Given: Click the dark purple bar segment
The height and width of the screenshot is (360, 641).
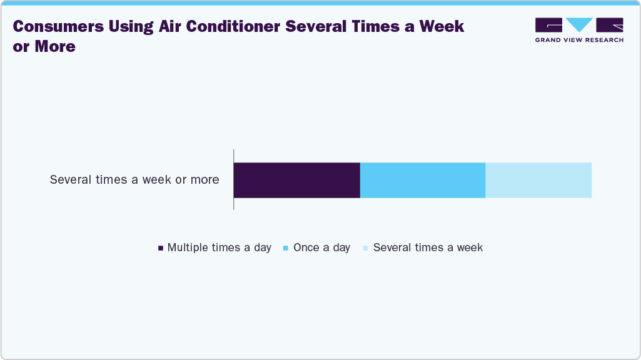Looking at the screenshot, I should (x=296, y=180).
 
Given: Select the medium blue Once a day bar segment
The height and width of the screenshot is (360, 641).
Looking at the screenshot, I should (x=423, y=180).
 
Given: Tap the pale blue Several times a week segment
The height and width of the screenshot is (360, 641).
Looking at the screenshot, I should (x=538, y=180).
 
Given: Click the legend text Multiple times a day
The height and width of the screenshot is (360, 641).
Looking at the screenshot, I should (x=219, y=247).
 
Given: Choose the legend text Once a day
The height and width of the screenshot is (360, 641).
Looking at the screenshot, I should (x=321, y=247).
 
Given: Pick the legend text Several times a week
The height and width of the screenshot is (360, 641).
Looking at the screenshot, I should (x=428, y=247).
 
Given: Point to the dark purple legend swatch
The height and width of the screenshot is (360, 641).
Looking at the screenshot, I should (x=161, y=248).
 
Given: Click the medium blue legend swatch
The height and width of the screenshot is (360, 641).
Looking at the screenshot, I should (x=286, y=248).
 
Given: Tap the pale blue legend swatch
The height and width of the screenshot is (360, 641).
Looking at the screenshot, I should (x=365, y=248).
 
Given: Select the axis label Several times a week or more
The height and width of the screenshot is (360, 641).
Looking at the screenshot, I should (x=134, y=180).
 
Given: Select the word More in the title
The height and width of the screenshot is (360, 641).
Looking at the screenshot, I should (x=54, y=46).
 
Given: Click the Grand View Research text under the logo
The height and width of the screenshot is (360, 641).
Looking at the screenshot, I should (x=579, y=40).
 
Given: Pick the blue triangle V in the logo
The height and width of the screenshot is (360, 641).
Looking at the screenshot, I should (x=579, y=24).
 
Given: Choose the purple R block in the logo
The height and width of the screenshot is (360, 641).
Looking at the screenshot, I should (x=610, y=24).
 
